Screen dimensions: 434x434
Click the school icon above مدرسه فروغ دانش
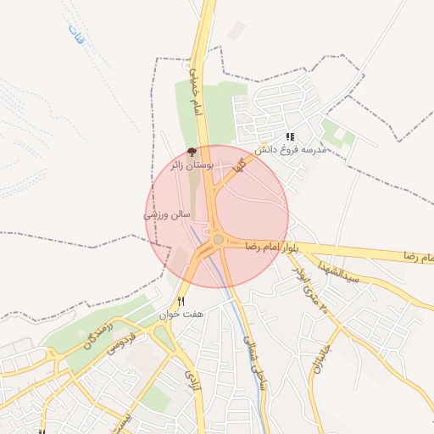point(290,136)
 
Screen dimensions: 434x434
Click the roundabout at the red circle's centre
point(218,240)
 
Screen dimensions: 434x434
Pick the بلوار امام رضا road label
point(273,246)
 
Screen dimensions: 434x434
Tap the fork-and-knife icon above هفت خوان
point(181,302)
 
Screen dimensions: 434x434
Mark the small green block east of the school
point(338,133)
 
